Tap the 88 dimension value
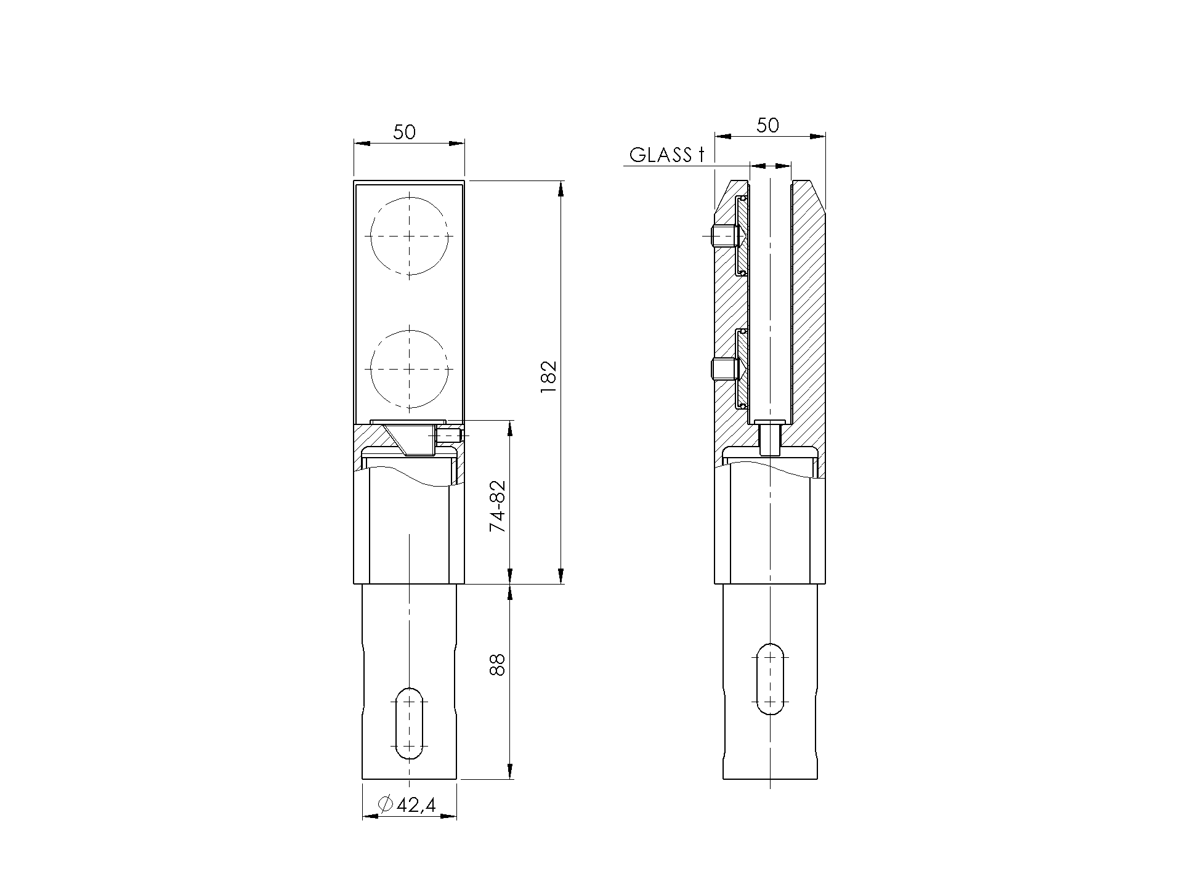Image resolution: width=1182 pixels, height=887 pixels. pyautogui.click(x=498, y=665)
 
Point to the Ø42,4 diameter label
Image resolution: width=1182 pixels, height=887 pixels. pyautogui.click(x=408, y=804)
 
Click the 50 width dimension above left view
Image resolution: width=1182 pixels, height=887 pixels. pyautogui.click(x=405, y=132)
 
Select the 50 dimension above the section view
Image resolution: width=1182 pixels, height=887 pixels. pyautogui.click(x=767, y=125)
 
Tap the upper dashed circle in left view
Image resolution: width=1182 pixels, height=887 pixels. pyautogui.click(x=409, y=236)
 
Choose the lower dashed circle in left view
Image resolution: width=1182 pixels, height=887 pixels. pyautogui.click(x=409, y=368)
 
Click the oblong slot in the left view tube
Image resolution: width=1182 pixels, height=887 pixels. pyautogui.click(x=409, y=723)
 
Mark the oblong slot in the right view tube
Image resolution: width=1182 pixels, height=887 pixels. pyautogui.click(x=770, y=679)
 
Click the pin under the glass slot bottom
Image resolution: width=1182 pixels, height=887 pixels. pyautogui.click(x=770, y=439)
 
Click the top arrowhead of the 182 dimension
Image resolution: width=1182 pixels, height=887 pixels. pyautogui.click(x=560, y=188)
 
